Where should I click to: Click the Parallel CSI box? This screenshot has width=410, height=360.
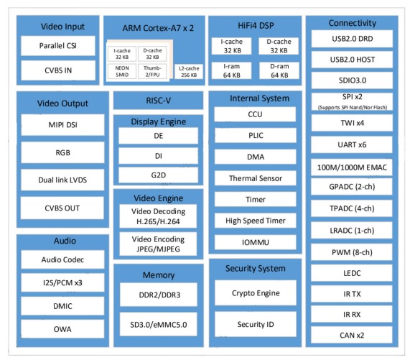tap(57, 46)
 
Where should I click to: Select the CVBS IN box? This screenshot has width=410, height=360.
tap(57, 70)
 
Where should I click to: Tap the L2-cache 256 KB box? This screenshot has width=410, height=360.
tap(189, 72)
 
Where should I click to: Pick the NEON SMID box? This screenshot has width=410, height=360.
tap(122, 71)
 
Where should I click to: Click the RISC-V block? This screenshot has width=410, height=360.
tap(158, 101)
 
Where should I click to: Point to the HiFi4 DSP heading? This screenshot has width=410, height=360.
tap(256, 25)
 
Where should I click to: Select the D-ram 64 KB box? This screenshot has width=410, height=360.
tap(279, 70)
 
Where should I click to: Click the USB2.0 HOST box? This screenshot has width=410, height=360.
tap(353, 60)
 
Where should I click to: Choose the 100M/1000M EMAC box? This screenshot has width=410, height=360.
tap(352, 167)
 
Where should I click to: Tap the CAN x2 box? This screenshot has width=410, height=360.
tap(352, 335)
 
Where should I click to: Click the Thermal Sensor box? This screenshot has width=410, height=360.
tap(256, 178)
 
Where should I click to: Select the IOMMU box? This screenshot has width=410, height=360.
tap(256, 242)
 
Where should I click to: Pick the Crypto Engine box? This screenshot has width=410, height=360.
tap(256, 293)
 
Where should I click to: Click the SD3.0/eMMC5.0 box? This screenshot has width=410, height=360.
tap(159, 324)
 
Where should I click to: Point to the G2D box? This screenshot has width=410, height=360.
tap(158, 175)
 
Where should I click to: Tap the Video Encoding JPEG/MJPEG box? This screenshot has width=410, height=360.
tap(158, 244)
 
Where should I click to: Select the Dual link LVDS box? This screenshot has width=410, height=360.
tap(62, 180)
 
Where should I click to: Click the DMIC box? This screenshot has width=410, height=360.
tap(62, 306)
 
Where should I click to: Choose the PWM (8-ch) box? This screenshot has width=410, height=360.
tap(352, 252)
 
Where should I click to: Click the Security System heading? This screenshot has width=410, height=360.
tap(256, 269)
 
